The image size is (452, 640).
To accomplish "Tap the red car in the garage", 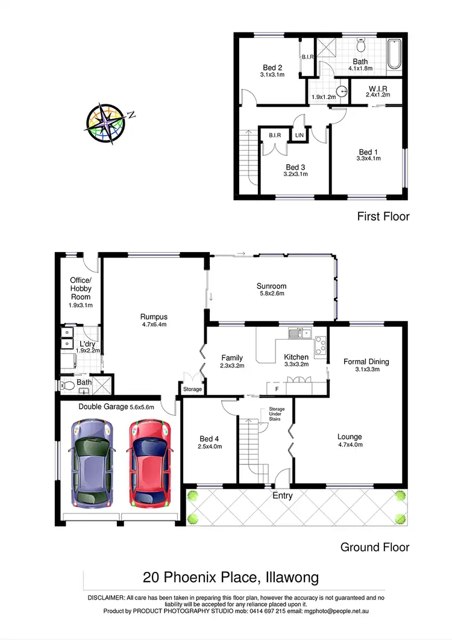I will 147,463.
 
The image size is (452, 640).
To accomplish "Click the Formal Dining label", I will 366,362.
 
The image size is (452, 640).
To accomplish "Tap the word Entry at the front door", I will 282,496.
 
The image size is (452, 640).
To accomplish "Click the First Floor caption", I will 383,216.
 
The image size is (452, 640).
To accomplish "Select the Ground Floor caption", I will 375,547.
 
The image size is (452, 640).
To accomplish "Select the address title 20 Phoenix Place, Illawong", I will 231,577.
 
